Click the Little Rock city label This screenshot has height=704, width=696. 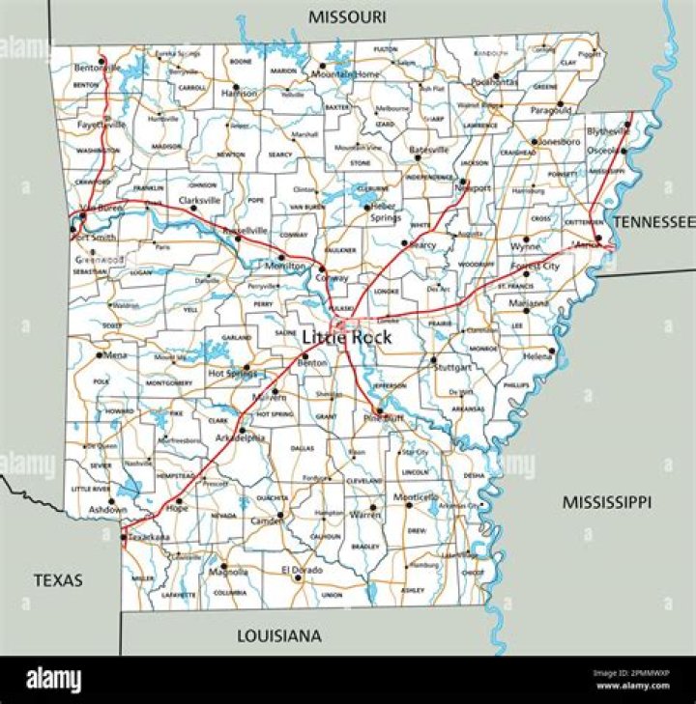tap(347, 337)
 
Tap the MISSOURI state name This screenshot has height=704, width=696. tap(347, 16)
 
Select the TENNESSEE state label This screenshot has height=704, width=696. tap(653, 222)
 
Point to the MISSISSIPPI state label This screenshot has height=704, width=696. tap(607, 502)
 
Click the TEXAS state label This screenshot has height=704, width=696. tap(58, 580)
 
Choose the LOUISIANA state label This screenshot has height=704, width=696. tap(279, 635)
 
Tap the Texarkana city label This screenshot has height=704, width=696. tap(148, 537)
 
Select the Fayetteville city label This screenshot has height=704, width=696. tap(101, 125)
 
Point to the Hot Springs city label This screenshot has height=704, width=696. tap(230, 373)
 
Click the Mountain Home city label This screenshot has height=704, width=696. tap(345, 73)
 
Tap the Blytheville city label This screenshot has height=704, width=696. tap(607, 132)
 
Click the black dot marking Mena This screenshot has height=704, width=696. tap(99, 354)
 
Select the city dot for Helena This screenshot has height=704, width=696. tap(552, 352)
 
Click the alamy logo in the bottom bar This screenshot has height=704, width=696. tap(53, 682)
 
